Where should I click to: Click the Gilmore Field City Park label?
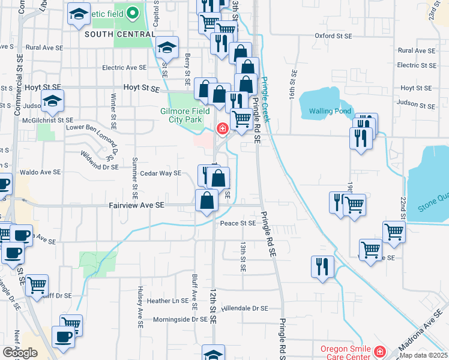[184, 116]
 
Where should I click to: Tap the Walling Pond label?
[329, 111]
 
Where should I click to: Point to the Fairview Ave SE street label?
[137, 205]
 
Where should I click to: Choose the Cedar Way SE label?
[160, 173]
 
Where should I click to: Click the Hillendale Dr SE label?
[244, 308]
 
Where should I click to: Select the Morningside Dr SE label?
[180, 320]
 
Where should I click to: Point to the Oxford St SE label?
[334, 35]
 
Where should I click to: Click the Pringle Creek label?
[264, 103]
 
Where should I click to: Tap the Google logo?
[20, 353]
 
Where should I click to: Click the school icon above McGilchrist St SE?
[53, 101]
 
